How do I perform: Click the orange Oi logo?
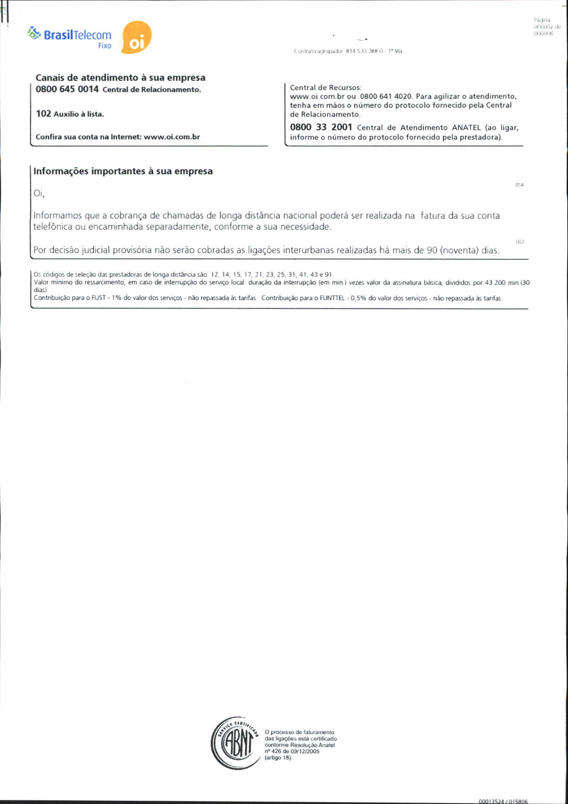137,37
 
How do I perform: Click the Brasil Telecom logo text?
77,35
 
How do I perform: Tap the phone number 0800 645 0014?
67,89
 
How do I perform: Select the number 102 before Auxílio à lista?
43,114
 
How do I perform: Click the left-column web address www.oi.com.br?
172,137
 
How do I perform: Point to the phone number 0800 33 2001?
321,127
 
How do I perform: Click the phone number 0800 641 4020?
386,96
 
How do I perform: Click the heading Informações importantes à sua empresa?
123,171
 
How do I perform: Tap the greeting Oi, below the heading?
39,193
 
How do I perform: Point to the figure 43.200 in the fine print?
495,283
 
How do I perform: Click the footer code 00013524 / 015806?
503,801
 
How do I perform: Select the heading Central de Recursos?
326,87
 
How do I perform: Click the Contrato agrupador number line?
348,51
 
